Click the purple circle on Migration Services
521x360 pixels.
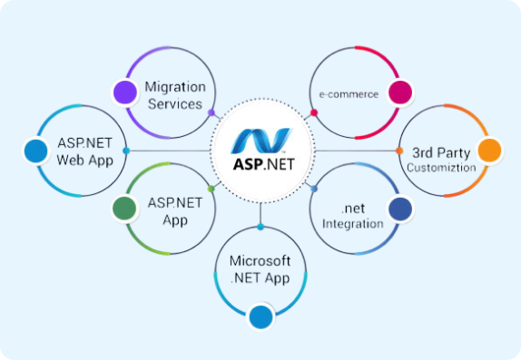click(125, 92)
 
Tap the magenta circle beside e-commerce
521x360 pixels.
click(397, 92)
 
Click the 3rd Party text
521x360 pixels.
click(440, 151)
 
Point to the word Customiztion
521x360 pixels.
click(440, 168)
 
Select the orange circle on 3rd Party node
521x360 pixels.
click(488, 151)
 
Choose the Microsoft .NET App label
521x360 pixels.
click(260, 269)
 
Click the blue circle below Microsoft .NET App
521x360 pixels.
click(260, 316)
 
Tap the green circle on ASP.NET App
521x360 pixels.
click(124, 209)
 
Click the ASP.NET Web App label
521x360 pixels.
click(84, 151)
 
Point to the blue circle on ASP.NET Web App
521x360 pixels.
click(35, 151)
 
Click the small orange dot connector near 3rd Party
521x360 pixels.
click(399, 151)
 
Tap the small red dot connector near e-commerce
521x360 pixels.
click(314, 113)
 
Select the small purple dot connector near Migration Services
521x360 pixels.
click(211, 113)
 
